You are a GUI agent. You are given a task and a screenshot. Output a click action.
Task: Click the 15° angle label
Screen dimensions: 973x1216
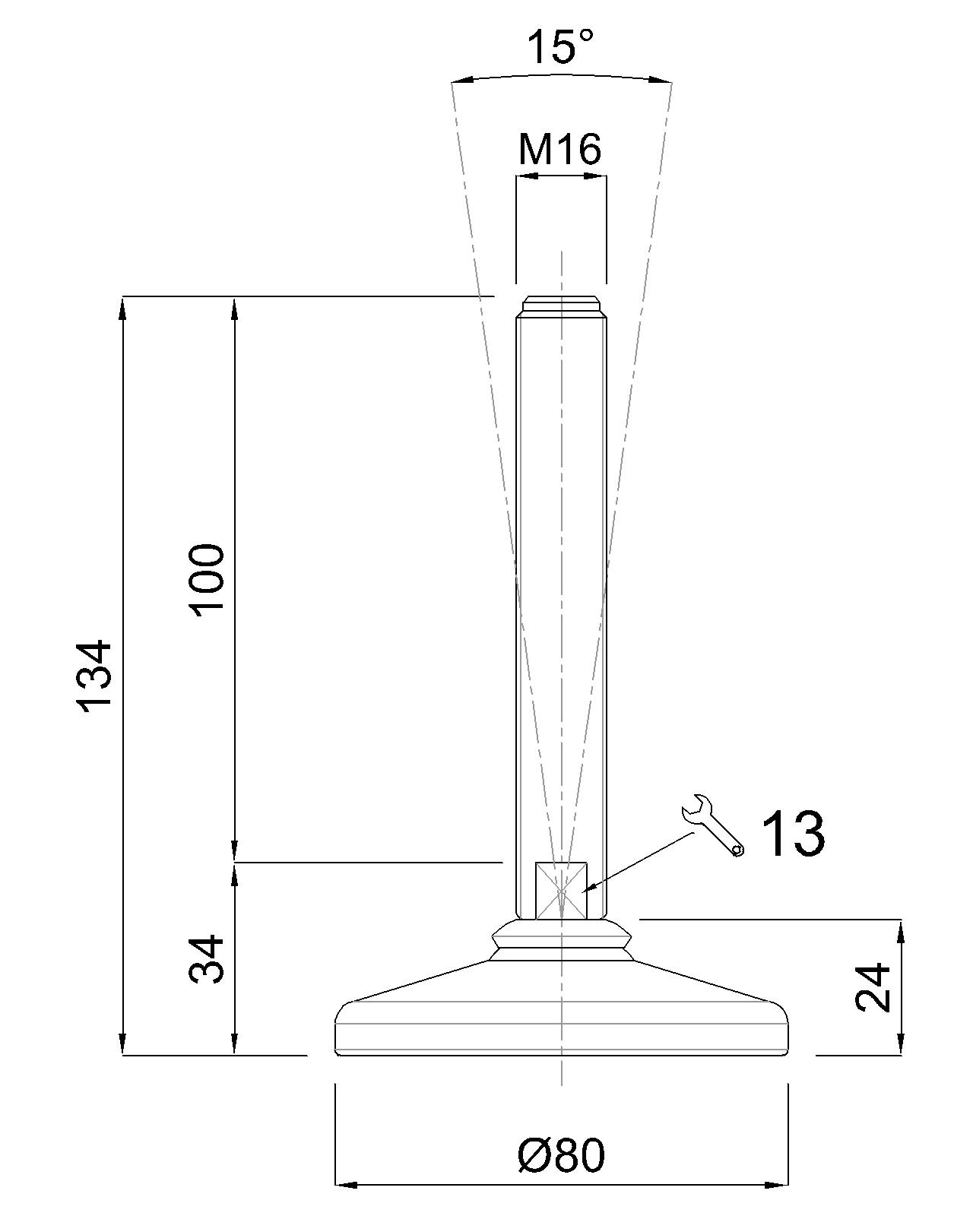tap(561, 46)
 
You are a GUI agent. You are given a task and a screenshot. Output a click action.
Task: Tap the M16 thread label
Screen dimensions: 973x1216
tap(559, 150)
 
